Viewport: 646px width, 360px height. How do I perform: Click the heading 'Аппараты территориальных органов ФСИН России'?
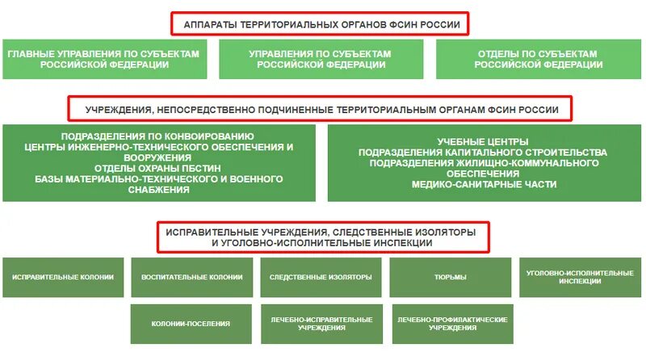(320, 25)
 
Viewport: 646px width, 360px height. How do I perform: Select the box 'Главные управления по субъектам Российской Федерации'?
(104, 59)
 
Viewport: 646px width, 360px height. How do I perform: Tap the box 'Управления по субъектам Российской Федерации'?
(320, 59)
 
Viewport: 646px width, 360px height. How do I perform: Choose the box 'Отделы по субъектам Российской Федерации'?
(537, 59)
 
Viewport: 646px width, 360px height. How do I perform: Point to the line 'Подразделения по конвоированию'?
(157, 136)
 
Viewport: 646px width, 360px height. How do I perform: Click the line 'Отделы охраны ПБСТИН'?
(157, 168)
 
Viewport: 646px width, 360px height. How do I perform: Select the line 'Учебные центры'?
(483, 142)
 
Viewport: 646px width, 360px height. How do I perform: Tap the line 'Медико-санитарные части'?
(483, 184)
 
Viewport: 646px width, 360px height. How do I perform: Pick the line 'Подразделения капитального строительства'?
(483, 153)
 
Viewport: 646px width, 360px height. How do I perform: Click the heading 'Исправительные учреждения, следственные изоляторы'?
(321, 232)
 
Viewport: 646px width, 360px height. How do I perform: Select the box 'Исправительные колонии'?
(63, 278)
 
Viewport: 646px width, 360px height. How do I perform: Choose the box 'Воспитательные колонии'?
(191, 278)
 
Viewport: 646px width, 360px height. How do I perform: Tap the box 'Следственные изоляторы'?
(321, 278)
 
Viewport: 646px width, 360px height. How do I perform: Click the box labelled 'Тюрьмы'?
(450, 278)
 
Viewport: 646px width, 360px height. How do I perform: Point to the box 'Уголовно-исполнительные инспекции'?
(580, 278)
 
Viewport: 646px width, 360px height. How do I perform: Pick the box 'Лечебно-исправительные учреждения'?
(321, 324)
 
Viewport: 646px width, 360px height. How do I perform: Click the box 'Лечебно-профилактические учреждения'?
(451, 324)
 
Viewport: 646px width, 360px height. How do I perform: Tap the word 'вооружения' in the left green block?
(158, 157)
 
